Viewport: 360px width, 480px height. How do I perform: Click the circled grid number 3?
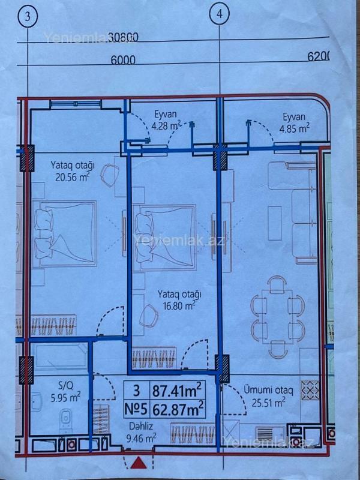tap(28, 17)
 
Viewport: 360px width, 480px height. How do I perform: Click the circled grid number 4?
tap(220, 14)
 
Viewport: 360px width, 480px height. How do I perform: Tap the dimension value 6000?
tap(123, 59)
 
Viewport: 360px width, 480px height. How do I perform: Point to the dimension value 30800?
tap(123, 37)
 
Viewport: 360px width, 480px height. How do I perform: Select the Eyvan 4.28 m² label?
tap(166, 121)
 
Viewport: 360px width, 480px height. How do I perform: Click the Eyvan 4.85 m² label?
tap(294, 123)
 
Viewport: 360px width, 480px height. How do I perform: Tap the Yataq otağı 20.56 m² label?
tap(73, 172)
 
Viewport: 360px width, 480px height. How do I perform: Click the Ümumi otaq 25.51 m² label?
tap(268, 397)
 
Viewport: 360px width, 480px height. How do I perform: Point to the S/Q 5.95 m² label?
tap(65, 392)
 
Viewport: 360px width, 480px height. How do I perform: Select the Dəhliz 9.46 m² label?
tap(141, 432)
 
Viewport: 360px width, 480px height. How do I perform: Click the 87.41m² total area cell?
tap(177, 391)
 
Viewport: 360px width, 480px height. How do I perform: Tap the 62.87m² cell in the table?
tap(177, 409)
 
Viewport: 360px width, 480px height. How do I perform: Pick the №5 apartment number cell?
tap(137, 409)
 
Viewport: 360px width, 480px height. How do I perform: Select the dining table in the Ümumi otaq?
tap(277, 315)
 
